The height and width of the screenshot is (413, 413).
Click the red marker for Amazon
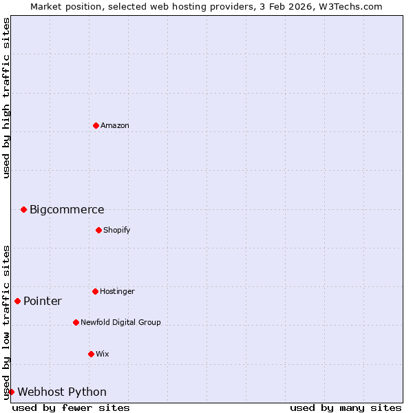96,125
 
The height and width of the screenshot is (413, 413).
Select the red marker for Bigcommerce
23,209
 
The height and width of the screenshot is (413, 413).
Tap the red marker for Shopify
98,230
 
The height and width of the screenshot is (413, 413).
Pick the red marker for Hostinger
95,291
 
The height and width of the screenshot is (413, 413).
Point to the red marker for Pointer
17,301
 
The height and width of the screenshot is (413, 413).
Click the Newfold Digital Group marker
76,322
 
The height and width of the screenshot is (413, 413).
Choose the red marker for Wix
91,354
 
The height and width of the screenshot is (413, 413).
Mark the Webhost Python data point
11,392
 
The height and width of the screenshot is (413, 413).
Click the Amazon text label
115,125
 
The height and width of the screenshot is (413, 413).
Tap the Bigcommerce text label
67,210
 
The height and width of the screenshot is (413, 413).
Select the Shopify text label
117,230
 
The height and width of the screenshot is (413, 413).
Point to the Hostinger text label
117,291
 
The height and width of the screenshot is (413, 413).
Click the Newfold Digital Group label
120,322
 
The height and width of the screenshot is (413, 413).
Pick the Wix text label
103,354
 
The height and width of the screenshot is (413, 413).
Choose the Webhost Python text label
62,392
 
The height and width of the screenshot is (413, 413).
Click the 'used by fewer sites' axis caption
71,407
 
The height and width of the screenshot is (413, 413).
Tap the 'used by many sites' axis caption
346,407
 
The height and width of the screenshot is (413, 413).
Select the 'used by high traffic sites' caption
6,98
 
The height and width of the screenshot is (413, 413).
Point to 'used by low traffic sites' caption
6,322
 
